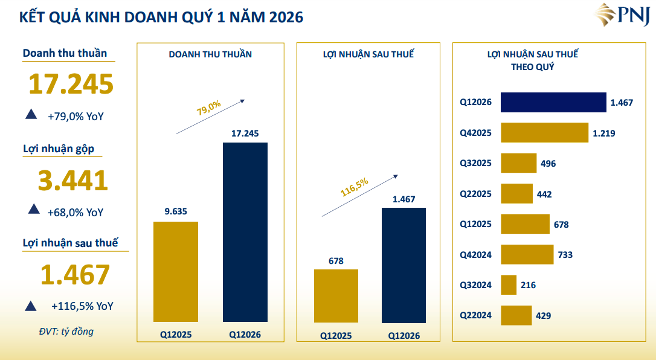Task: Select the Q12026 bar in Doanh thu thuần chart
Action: [x=245, y=232]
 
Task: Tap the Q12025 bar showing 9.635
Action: [x=176, y=271]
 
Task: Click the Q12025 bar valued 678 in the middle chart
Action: [x=336, y=295]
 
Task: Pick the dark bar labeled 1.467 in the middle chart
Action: [x=404, y=265]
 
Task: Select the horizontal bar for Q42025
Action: [x=544, y=133]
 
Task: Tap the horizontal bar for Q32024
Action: [x=509, y=285]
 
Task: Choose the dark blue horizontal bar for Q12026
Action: [x=553, y=102]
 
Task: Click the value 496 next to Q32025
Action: [x=548, y=164]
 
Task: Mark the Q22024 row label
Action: [x=476, y=315]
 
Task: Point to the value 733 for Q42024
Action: [x=565, y=255]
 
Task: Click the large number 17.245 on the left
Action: [x=71, y=84]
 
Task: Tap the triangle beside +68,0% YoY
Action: [x=34, y=210]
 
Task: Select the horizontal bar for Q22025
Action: [x=517, y=194]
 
